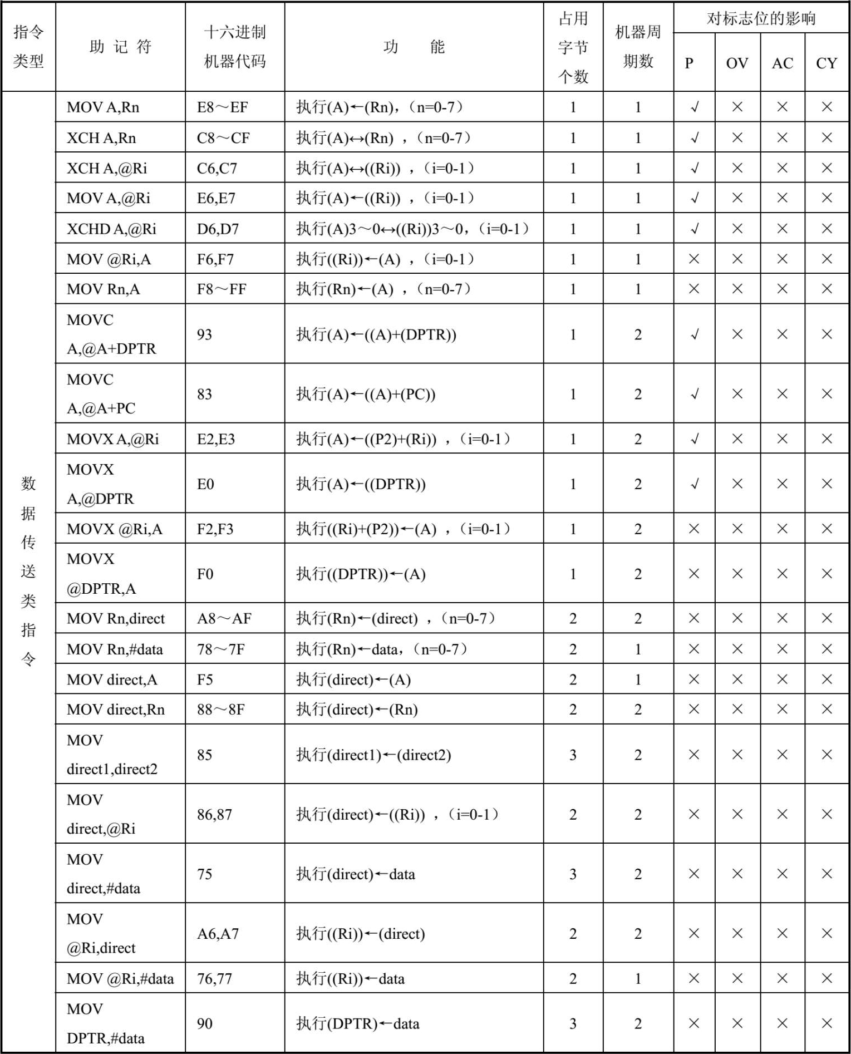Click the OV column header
coord(737,63)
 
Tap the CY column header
coord(827,63)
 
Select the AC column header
coord(782,63)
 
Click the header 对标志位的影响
coord(761,18)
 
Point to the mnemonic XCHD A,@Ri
coord(111,229)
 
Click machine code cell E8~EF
coord(222,107)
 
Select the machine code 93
coord(204,334)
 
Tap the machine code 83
coord(204,394)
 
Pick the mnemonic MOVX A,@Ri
coord(112,439)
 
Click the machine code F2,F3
coord(216,529)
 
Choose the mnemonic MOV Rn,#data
coord(115,649)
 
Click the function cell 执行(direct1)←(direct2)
coord(373,755)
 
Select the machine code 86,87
coord(214,814)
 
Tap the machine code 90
coord(204,1023)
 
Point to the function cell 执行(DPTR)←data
coord(357,1023)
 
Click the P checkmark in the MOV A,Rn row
coord(694,107)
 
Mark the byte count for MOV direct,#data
coord(573,874)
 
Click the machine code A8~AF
coord(224,618)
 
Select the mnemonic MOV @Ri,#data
coord(120,978)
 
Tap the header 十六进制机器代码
coord(235,47)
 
